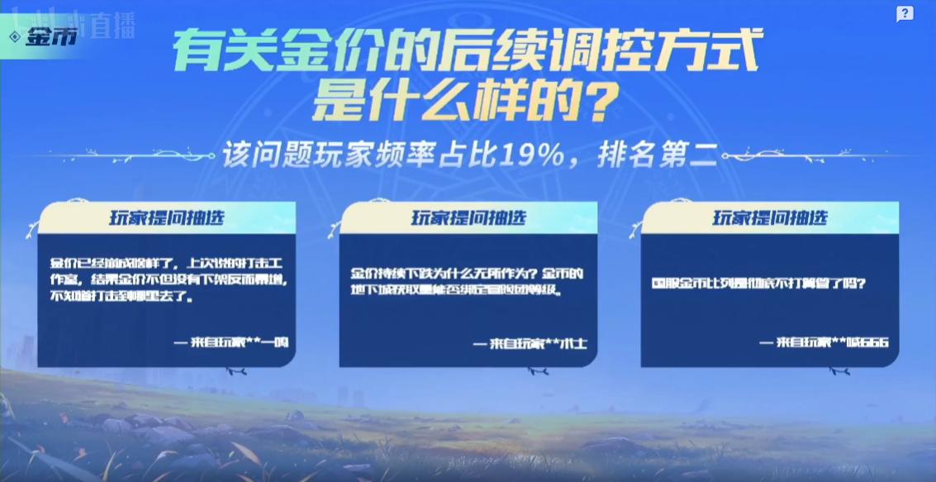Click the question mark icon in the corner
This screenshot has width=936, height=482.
coord(905,13)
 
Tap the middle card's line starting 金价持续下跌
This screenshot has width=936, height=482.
coord(468,273)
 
